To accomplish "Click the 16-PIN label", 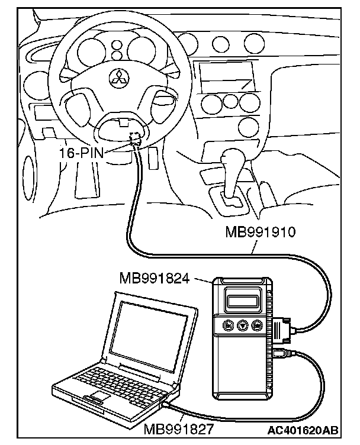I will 79,152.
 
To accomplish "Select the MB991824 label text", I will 154,277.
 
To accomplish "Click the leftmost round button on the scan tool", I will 227,325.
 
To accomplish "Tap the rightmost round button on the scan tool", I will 258,325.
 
